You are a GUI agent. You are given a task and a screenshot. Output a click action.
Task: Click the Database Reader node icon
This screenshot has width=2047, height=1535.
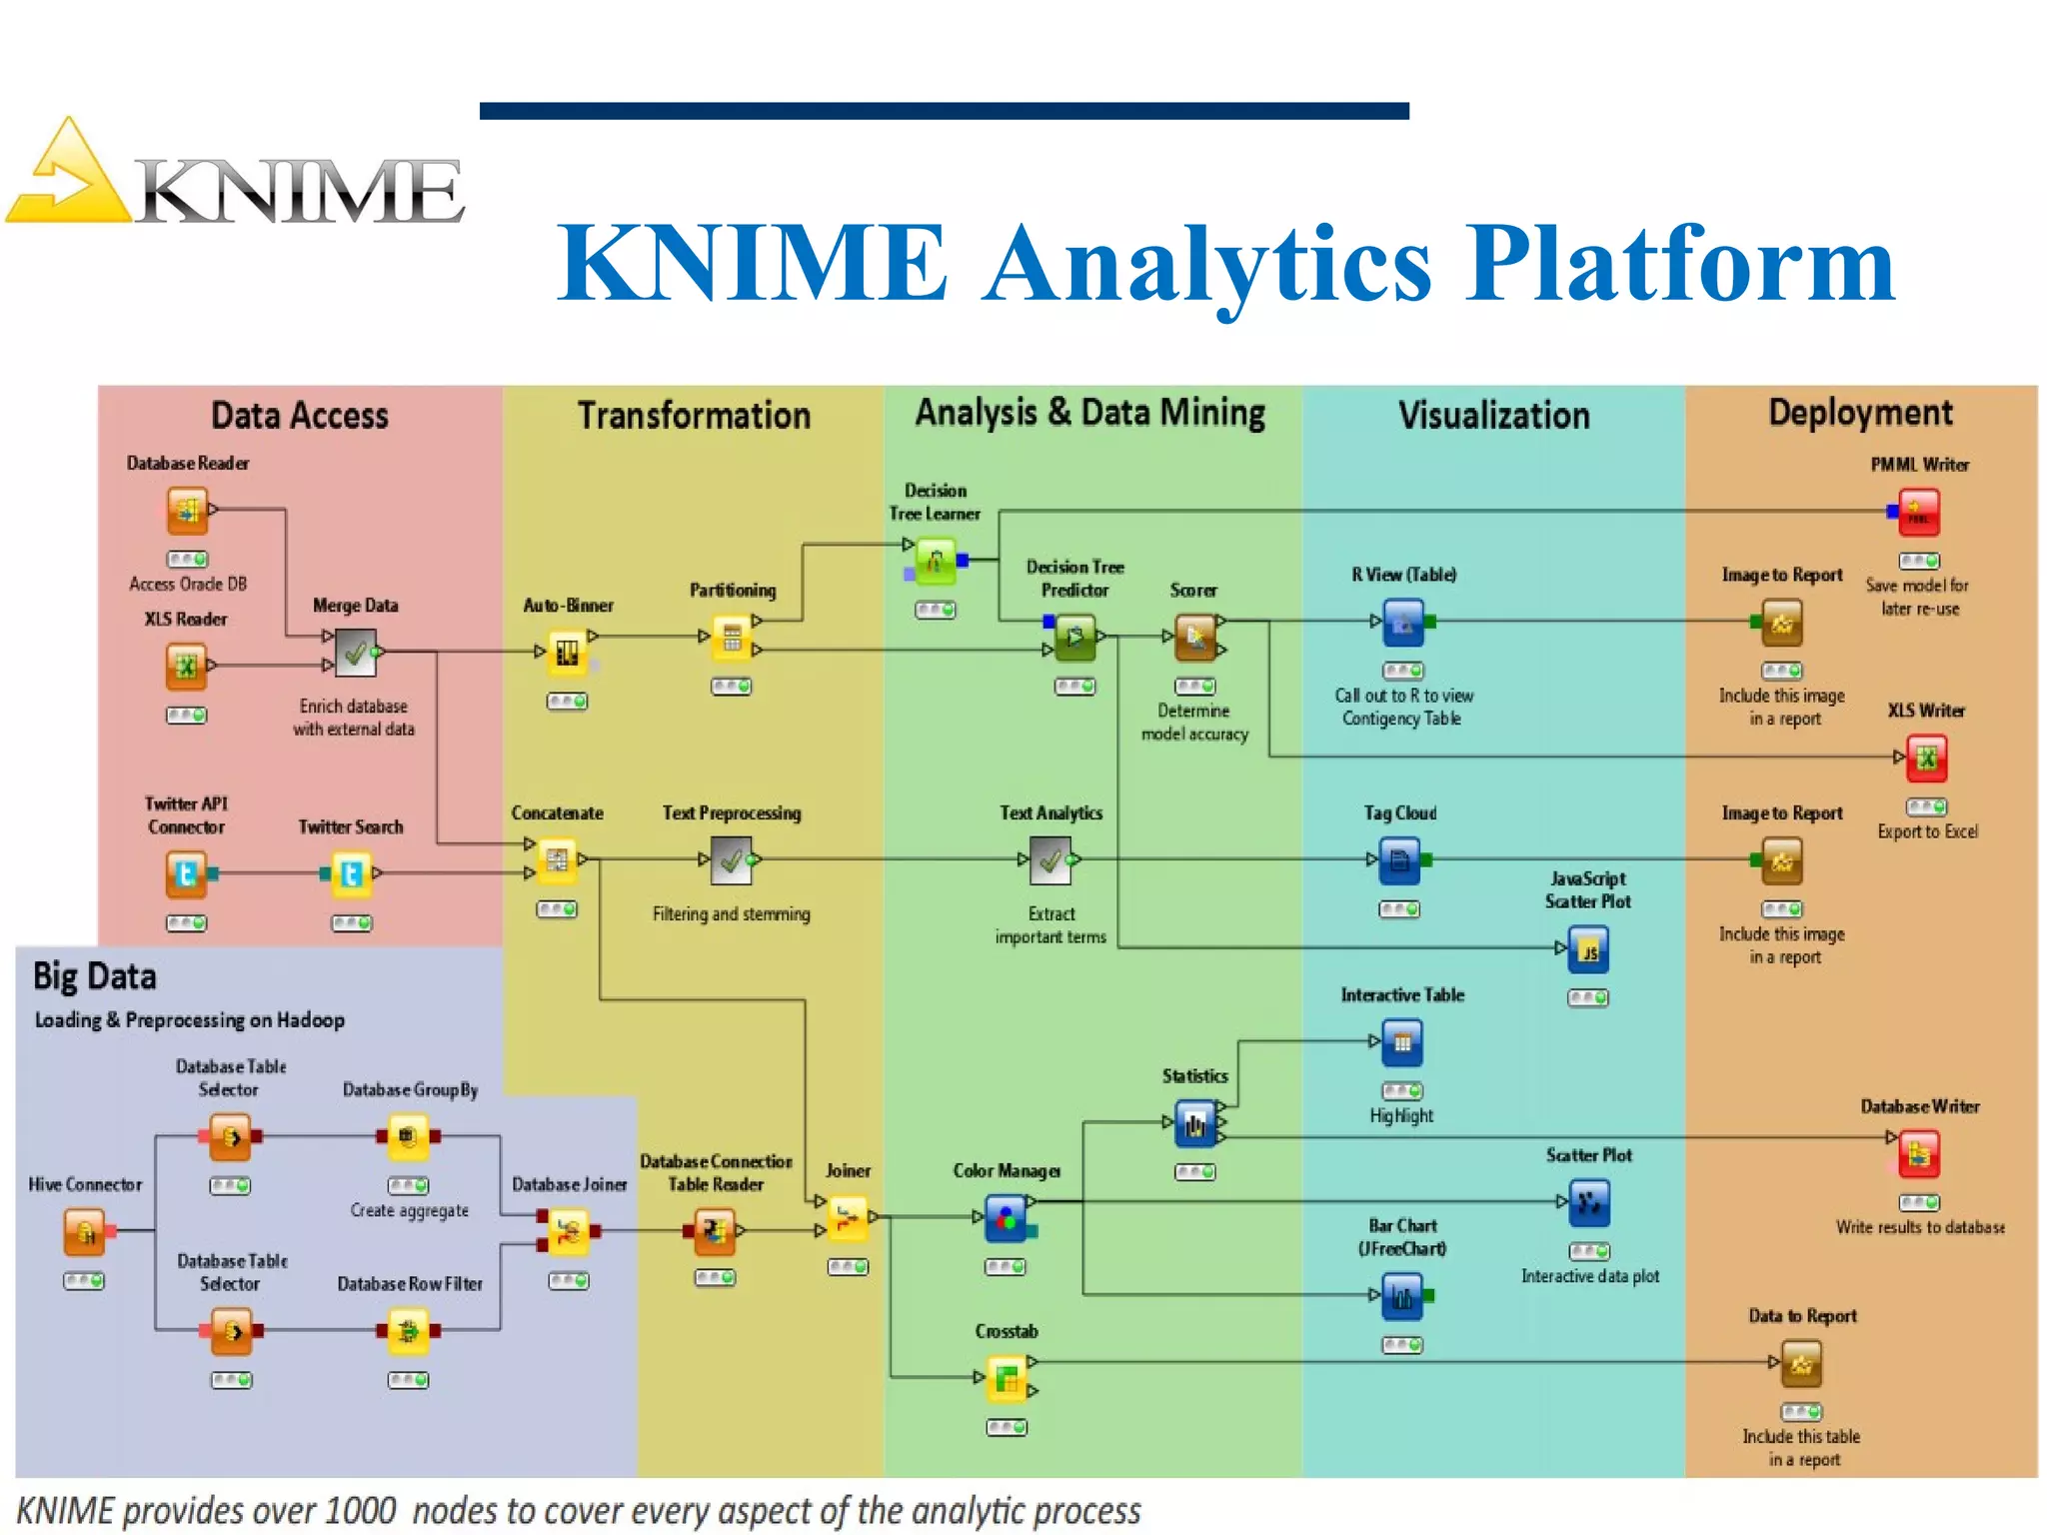pos(187,511)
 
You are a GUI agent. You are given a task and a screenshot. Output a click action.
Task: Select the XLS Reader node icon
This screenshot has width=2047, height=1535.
pos(186,667)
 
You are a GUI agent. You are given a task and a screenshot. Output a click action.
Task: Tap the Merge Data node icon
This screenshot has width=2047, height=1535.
pos(355,653)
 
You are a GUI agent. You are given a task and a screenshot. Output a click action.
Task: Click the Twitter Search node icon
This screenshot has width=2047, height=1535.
pos(351,874)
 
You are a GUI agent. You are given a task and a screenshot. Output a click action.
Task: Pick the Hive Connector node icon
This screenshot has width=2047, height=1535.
pos(85,1231)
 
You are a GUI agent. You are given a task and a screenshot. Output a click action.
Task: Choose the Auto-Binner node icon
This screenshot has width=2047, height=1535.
pos(567,653)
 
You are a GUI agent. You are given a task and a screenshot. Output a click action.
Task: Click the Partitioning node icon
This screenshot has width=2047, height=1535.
pos(732,638)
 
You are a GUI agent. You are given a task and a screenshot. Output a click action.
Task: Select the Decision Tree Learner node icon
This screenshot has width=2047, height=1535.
pos(935,561)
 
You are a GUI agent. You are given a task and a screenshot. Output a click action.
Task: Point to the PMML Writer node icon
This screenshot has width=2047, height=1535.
pos(1918,512)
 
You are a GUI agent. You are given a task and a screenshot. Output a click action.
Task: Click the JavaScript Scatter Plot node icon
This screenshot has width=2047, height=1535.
pos(1588,949)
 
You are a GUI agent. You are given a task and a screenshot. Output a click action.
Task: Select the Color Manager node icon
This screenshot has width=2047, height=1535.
pos(1006,1218)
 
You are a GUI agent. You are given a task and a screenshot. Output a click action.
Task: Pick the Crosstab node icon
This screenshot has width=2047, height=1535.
pos(1007,1378)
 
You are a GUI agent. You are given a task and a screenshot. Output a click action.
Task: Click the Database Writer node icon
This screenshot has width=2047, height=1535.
pos(1919,1153)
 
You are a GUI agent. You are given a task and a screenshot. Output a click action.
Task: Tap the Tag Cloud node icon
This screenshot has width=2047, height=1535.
pos(1399,859)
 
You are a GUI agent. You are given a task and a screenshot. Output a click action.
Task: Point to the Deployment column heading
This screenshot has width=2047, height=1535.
pos(1860,413)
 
